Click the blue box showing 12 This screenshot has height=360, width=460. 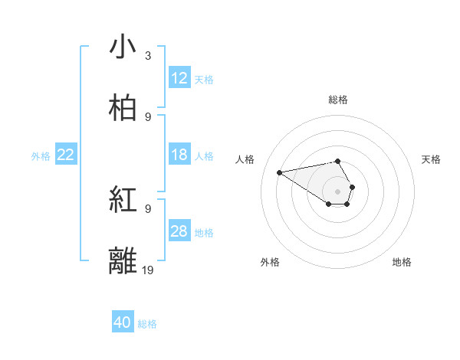[x=179, y=78]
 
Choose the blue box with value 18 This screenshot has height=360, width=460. [x=179, y=155]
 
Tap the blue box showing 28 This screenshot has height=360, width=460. [x=179, y=231]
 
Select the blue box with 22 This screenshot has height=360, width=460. [x=66, y=155]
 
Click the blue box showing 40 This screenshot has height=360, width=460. [x=123, y=323]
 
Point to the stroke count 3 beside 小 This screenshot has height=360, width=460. [x=148, y=56]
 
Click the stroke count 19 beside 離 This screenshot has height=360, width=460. [x=149, y=270]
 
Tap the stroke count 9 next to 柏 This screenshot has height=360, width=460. [x=148, y=116]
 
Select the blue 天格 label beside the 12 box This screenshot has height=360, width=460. [x=204, y=79]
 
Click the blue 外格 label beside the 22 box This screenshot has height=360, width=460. [x=41, y=155]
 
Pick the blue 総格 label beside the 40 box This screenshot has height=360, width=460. [x=147, y=324]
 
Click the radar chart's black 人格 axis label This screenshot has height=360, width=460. [x=245, y=159]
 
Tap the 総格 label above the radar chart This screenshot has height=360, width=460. [x=338, y=100]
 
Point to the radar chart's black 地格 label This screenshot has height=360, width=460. [x=402, y=262]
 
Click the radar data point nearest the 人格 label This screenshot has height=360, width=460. [x=280, y=172]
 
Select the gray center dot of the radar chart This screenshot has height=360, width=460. [x=338, y=191]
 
